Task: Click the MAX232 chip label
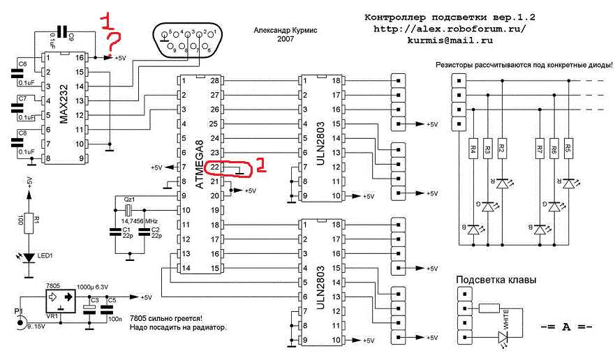click(63, 110)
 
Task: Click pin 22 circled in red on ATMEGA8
click(216, 167)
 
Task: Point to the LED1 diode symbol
click(29, 257)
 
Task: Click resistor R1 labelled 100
click(29, 221)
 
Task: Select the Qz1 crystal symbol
click(128, 209)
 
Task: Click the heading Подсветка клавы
click(496, 280)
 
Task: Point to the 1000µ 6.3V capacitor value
click(94, 287)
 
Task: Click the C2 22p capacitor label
click(155, 232)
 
